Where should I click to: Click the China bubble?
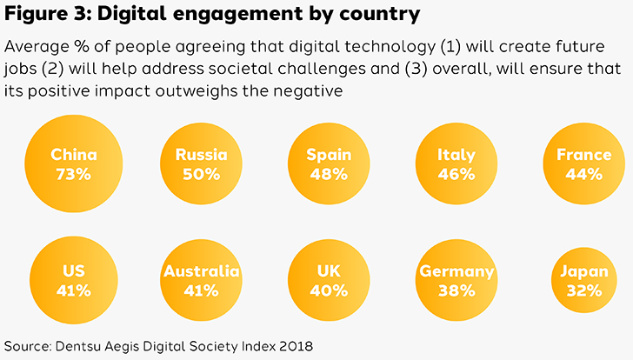(73, 164)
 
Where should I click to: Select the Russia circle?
(201, 164)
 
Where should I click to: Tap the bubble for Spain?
(329, 164)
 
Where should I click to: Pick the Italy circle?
(456, 164)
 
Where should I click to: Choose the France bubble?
(583, 164)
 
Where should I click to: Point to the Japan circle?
(583, 281)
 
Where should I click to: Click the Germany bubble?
(456, 281)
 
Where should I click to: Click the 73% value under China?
(73, 174)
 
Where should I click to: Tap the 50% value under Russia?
(201, 174)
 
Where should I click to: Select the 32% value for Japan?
(583, 290)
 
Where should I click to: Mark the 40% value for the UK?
(329, 290)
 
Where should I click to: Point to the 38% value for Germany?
(456, 290)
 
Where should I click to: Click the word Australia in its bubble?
(201, 271)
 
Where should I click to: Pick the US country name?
(73, 271)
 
